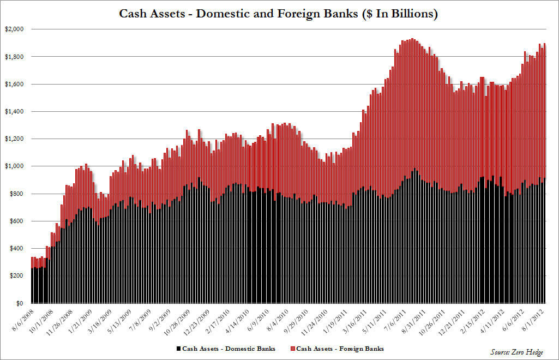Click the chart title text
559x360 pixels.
279,14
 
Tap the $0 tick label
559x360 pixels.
19,303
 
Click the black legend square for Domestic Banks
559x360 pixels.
178,347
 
